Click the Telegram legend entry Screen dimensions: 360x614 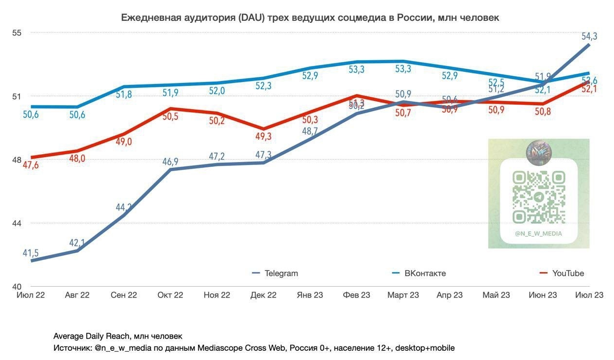281,273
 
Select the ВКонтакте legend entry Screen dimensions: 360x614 425,273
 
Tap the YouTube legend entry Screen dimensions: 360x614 568,273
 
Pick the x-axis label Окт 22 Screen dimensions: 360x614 171,295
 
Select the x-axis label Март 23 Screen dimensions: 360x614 403,295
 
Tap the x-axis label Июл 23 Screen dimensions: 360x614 589,295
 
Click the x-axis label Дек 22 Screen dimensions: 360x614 263,295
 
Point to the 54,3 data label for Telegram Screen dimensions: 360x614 589,36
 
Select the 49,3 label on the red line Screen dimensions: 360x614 263,136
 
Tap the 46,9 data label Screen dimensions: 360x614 170,162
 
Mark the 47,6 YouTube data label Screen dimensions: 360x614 30,165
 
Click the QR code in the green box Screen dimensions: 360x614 539,197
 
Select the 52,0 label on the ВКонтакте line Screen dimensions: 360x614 217,91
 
